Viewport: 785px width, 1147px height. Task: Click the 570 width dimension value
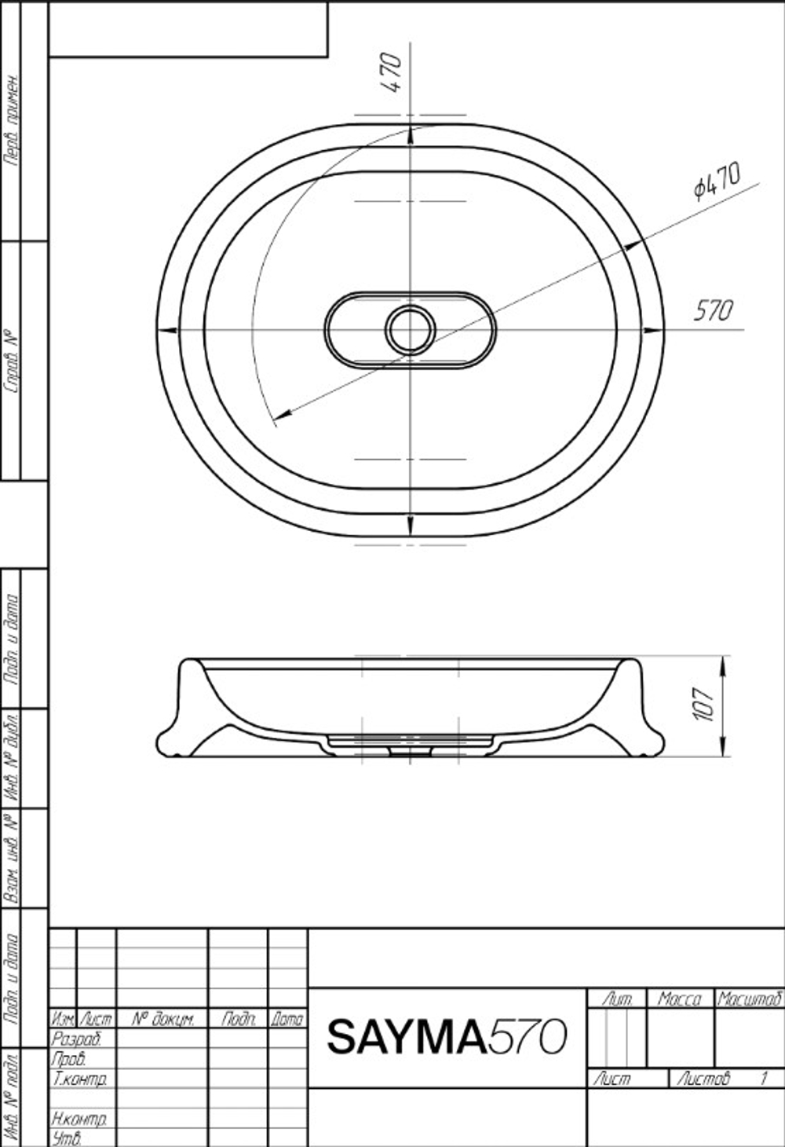[713, 311]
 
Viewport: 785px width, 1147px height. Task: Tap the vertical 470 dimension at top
[392, 72]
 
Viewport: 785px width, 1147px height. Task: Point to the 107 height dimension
[704, 705]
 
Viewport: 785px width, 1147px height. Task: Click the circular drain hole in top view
[410, 330]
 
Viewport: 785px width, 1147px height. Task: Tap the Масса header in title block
[679, 999]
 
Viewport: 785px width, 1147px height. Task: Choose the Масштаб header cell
[750, 999]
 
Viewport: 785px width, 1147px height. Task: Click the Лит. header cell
[616, 999]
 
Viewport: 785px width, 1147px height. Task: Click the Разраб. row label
[76, 1039]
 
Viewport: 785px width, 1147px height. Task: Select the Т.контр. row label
[79, 1079]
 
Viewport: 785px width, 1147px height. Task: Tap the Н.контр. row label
[79, 1118]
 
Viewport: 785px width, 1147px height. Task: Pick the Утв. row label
[67, 1138]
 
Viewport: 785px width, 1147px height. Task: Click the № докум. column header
[162, 1020]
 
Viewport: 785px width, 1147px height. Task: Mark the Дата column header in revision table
[287, 1020]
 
